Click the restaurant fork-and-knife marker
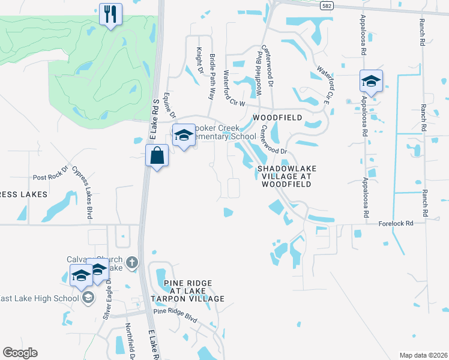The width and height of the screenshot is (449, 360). pyautogui.click(x=110, y=14)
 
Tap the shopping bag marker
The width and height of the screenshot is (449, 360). pyautogui.click(x=157, y=157)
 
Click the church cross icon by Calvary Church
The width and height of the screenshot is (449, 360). pyautogui.click(x=133, y=262)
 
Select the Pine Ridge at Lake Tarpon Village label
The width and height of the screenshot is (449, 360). pyautogui.click(x=187, y=290)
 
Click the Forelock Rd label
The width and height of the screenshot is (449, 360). pyautogui.click(x=396, y=223)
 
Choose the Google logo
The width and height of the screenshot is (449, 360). pyautogui.click(x=20, y=353)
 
